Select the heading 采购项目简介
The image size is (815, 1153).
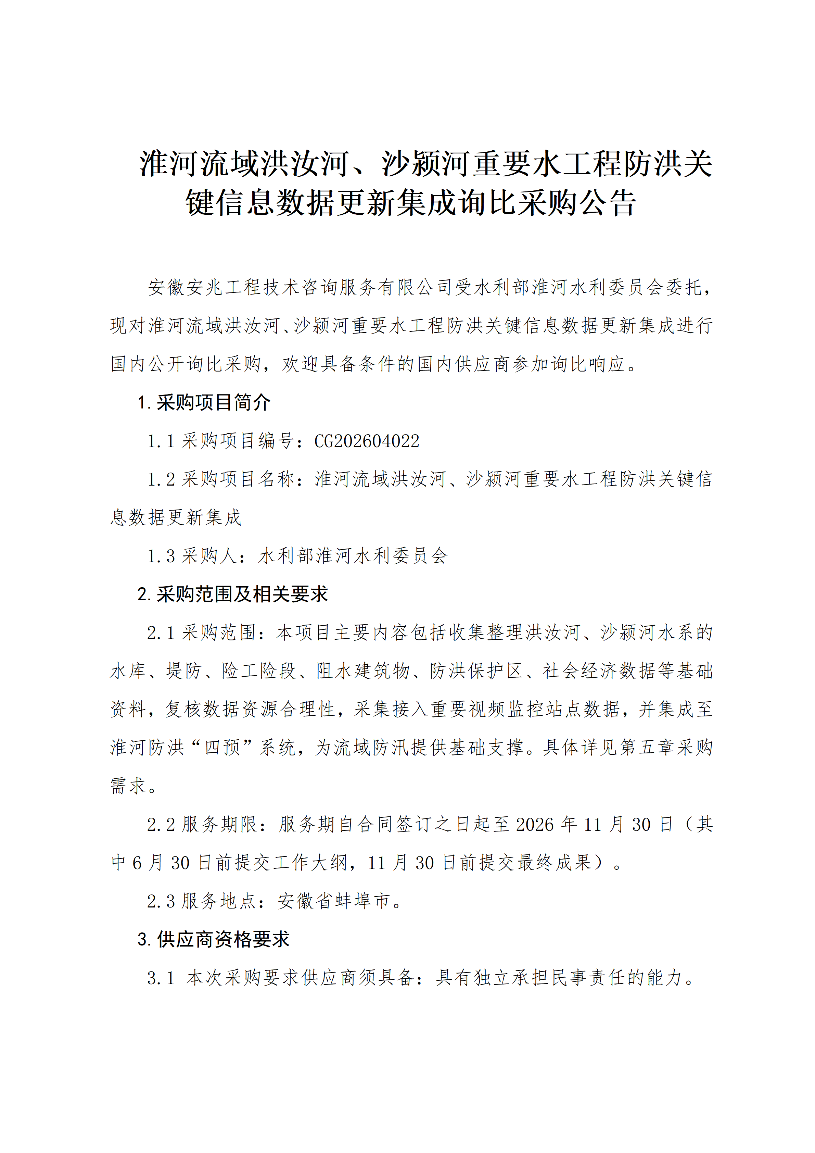pos(213,402)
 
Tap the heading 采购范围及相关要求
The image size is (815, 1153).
pos(242,594)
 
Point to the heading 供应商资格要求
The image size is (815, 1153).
pos(223,939)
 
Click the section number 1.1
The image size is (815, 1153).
pos(161,441)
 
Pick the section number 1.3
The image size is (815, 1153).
pos(161,556)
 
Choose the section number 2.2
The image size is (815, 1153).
pos(161,824)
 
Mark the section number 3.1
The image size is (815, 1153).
pos(161,978)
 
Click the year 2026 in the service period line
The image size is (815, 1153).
pos(534,824)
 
